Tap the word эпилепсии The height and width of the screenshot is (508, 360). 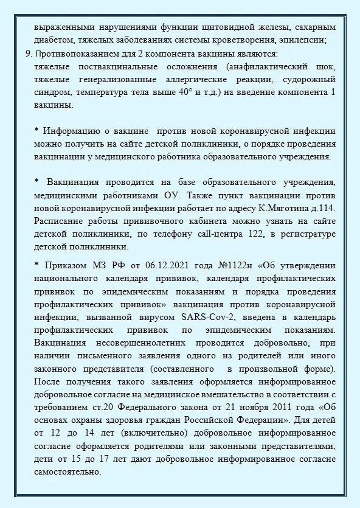point(304,40)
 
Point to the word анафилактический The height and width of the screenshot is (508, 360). point(257,66)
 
